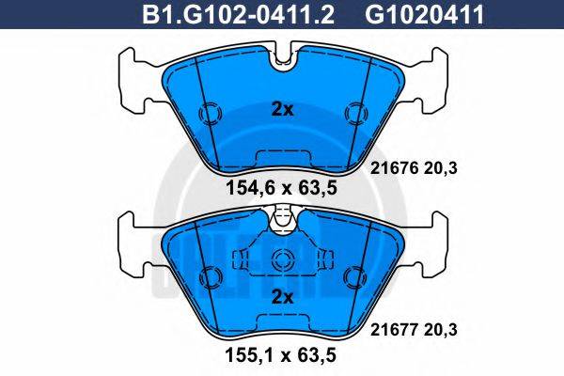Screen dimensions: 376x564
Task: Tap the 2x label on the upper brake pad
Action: (x=282, y=108)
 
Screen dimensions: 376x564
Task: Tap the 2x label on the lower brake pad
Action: (x=282, y=297)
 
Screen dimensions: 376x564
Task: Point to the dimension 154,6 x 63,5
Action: (x=282, y=187)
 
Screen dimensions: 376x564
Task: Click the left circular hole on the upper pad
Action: (x=208, y=114)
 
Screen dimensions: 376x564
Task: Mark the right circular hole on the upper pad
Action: (x=355, y=114)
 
